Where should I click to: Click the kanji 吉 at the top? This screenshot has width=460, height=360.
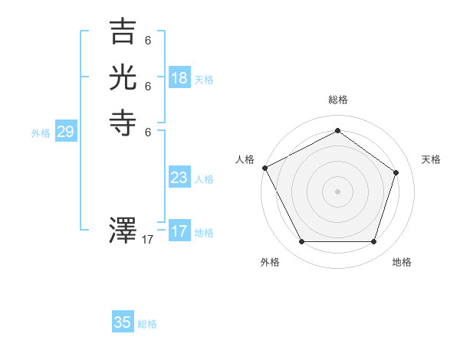[x=123, y=32]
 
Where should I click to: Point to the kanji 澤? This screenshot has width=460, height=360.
[x=123, y=231]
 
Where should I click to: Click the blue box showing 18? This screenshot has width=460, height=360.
[x=179, y=78]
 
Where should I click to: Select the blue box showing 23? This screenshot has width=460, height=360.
[x=179, y=178]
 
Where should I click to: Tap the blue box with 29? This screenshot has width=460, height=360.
[x=65, y=132]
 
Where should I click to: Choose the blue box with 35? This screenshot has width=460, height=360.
[x=123, y=322]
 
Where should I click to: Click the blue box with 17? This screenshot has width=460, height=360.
[x=179, y=231]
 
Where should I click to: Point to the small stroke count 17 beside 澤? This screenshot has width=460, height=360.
[x=148, y=240]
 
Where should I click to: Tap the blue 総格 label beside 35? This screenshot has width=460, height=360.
[x=147, y=324]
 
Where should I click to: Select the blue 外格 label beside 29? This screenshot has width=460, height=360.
[x=41, y=133]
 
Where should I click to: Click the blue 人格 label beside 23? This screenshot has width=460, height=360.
[x=204, y=179]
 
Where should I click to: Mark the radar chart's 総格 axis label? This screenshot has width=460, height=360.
[x=338, y=100]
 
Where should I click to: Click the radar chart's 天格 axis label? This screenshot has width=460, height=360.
[x=431, y=159]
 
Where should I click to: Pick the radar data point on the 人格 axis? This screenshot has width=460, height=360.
[x=264, y=168]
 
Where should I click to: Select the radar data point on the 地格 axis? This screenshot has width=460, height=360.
[x=374, y=242]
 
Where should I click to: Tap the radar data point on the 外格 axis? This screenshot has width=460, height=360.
[x=301, y=242]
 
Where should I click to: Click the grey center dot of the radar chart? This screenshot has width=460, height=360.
[x=337, y=191]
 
